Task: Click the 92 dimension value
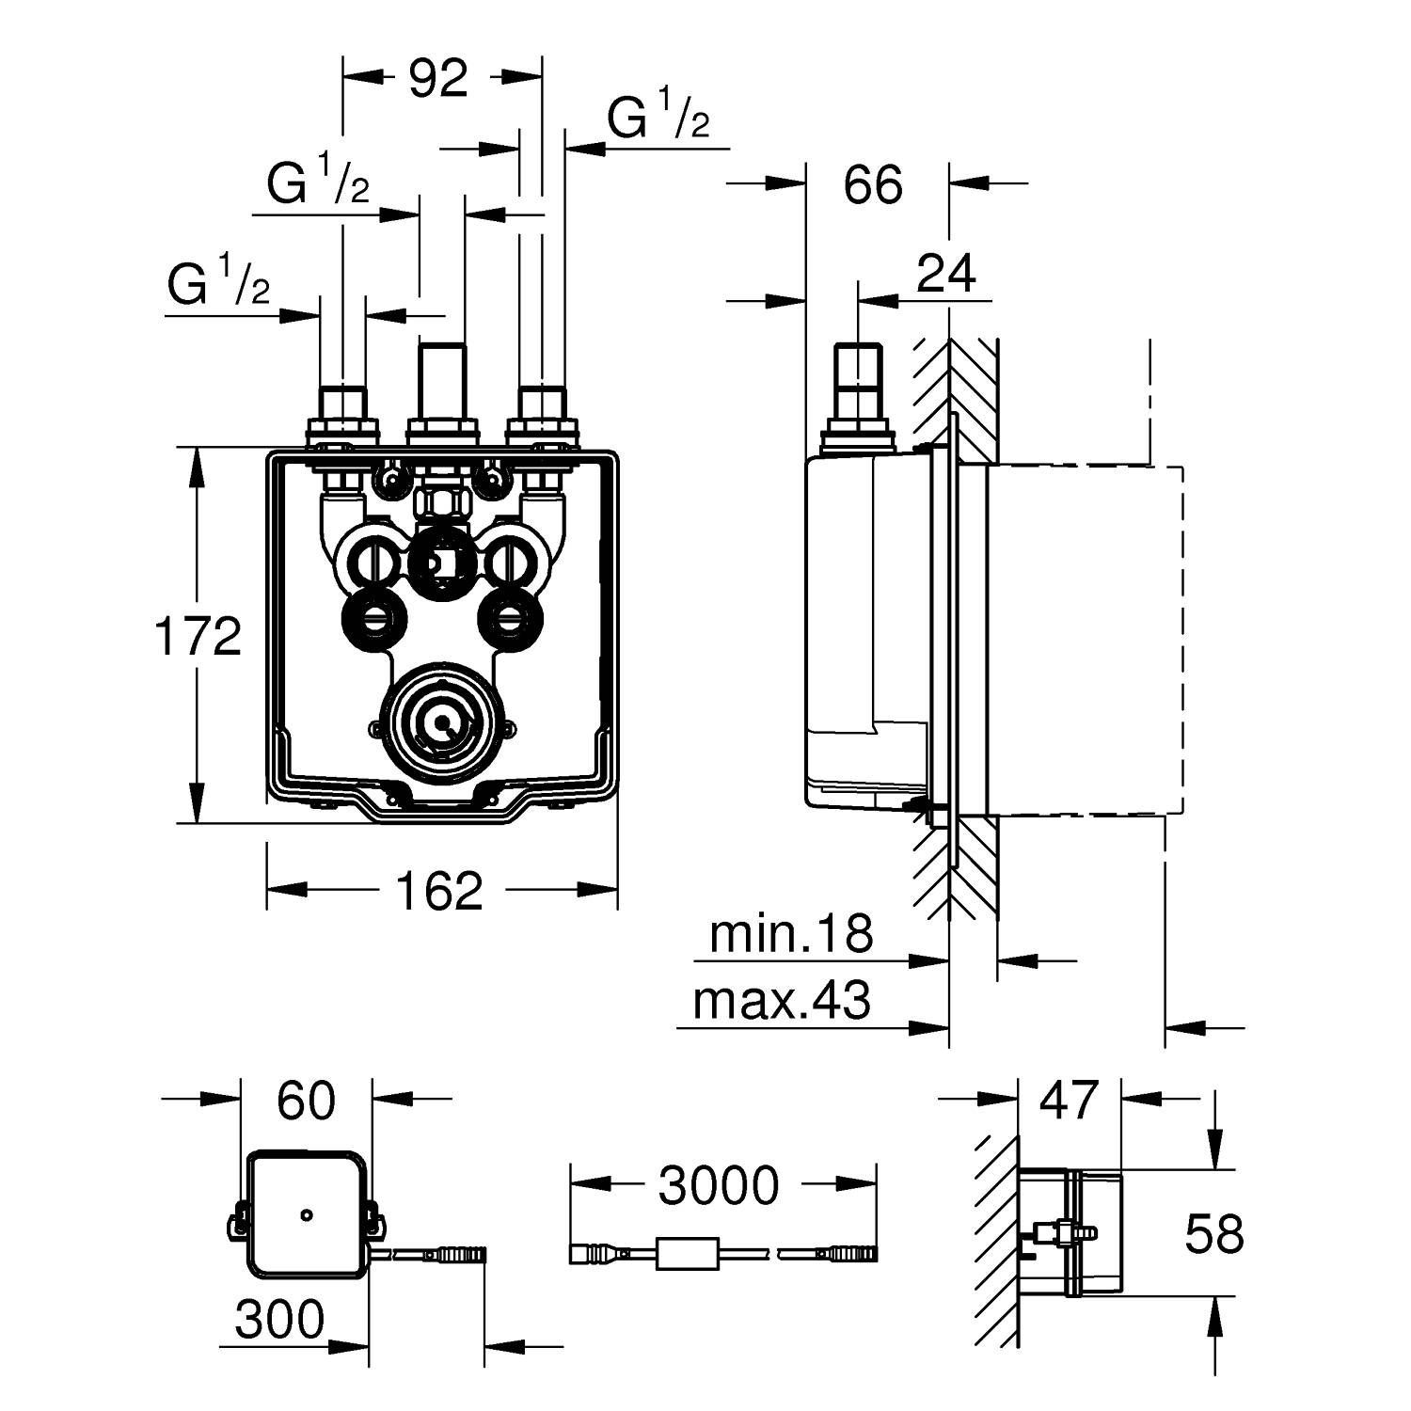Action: (x=438, y=79)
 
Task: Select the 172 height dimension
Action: (x=198, y=637)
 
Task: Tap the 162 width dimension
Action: (x=438, y=890)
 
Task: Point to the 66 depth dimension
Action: (x=873, y=184)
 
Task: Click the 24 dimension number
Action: (x=946, y=273)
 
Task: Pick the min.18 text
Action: (x=791, y=934)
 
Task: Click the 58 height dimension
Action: (x=1213, y=1233)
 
